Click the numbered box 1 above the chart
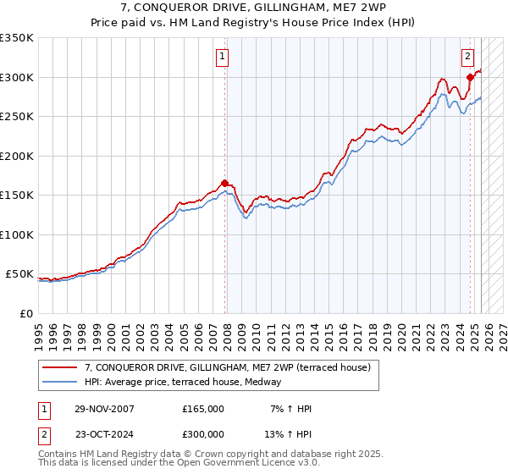coord(222,57)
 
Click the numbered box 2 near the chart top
coord(467,57)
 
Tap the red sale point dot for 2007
coord(224,183)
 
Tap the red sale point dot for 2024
coord(470,77)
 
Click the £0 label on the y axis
coord(25,313)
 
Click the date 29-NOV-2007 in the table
coord(103,409)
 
